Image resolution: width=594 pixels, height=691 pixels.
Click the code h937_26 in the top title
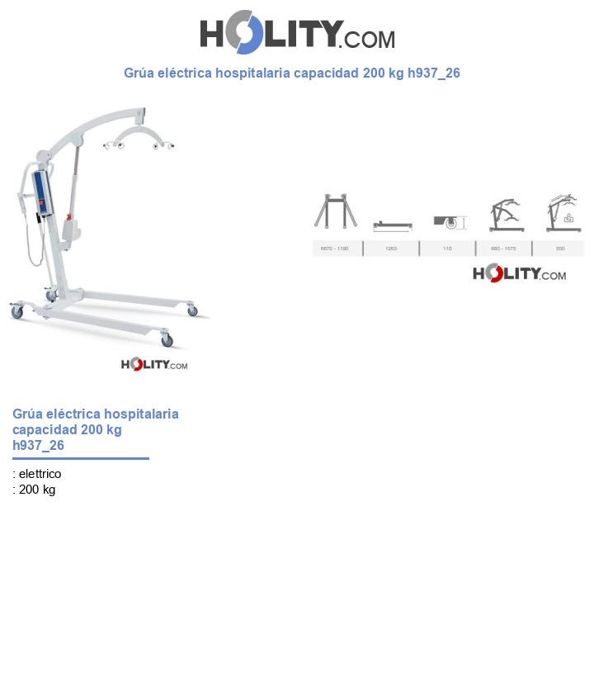pos(433,73)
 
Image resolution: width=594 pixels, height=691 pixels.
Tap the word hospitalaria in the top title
pos(254,73)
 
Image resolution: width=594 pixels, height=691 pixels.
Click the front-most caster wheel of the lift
pos(167,340)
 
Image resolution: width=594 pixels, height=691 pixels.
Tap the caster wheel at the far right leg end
pos(192,310)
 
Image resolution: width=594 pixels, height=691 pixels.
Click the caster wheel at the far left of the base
pos(16,312)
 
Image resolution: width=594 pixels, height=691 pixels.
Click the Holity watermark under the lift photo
pos(154,364)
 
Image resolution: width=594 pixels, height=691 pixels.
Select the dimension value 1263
pos(391,248)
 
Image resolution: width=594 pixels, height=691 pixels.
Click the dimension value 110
pos(447,248)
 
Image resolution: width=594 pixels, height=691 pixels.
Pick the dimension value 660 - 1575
pos(503,248)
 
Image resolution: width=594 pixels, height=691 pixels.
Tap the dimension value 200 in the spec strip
pos(560,248)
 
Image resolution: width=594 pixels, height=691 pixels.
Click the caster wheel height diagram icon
pos(450,222)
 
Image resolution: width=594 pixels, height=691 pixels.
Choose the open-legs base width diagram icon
pos(335,211)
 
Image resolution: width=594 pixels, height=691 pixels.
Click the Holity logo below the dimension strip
pos(519,273)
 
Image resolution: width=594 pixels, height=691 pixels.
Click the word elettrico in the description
pos(40,474)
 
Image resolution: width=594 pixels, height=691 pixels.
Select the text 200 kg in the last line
pos(37,490)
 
